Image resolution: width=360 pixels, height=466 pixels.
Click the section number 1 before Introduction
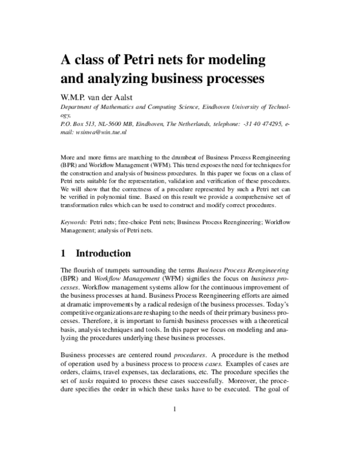pos(64,253)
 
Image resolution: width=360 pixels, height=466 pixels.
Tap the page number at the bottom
pos(175,410)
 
